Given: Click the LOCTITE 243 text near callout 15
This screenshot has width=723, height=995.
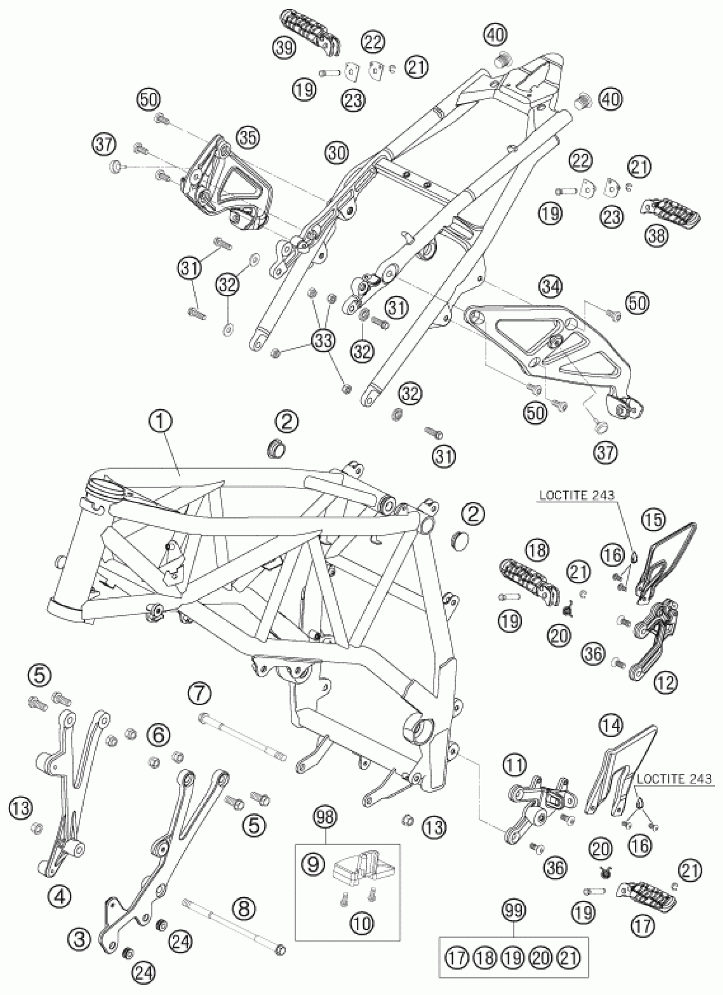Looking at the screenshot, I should coord(575,496).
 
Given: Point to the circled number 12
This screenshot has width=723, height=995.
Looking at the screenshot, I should coord(666,683).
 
